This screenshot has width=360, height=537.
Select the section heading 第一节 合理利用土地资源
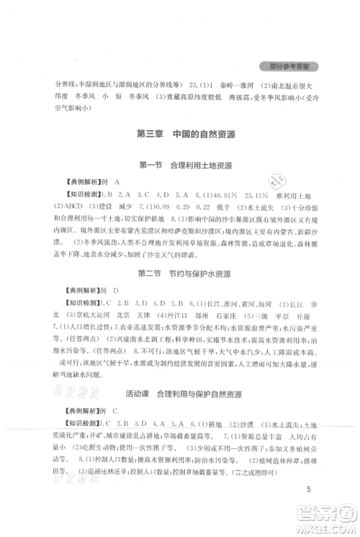[x=179, y=185]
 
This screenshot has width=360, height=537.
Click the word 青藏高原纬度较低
[x=163, y=97]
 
